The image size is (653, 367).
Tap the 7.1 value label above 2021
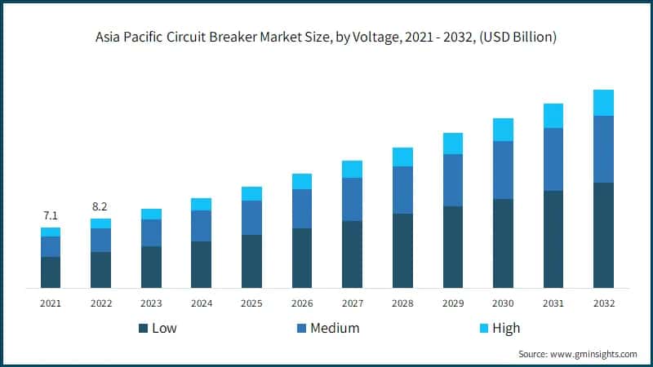click(x=51, y=216)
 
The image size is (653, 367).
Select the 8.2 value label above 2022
click(x=100, y=207)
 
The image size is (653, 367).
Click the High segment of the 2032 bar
click(x=603, y=103)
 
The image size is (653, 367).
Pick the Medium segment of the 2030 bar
click(x=503, y=170)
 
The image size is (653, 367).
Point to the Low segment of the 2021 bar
click(x=51, y=272)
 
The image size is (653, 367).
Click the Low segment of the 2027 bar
click(x=352, y=254)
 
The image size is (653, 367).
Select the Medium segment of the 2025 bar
click(x=251, y=218)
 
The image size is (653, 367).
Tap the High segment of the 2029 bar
click(x=453, y=144)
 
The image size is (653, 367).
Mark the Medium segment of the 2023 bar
click(x=151, y=232)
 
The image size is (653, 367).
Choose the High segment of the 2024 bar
click(x=201, y=204)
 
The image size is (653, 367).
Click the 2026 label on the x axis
click(x=302, y=303)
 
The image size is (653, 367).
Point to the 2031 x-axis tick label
click(x=553, y=303)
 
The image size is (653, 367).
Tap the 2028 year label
click(x=402, y=303)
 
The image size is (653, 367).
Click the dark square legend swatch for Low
click(x=144, y=329)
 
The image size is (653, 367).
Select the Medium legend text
click(x=335, y=329)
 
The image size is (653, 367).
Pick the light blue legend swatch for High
click(x=482, y=329)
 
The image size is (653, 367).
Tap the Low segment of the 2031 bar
click(x=553, y=239)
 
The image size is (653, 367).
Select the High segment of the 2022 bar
click(x=100, y=223)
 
